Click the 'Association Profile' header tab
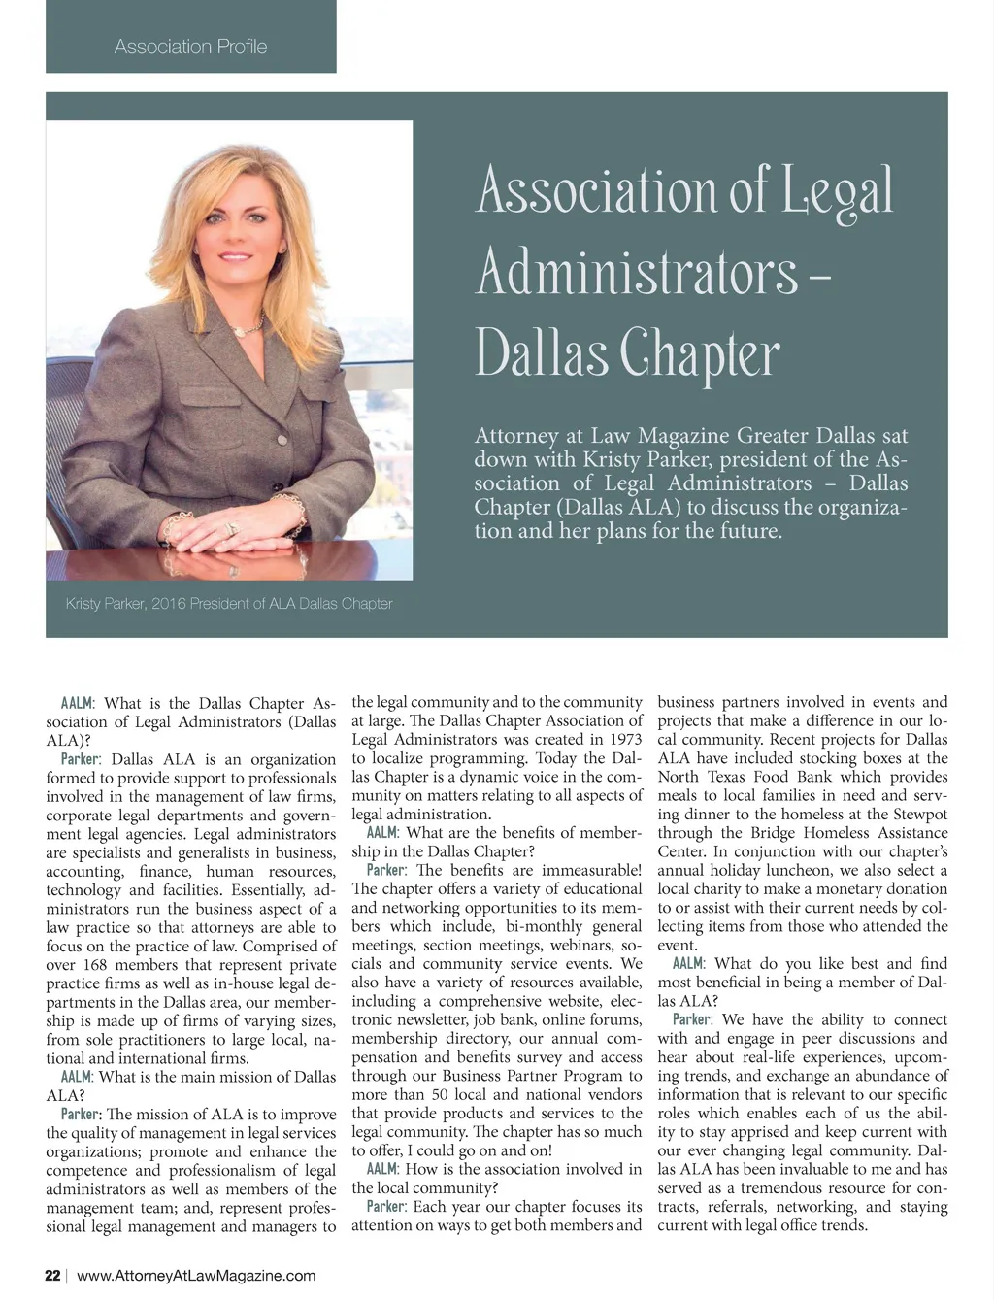point(190,47)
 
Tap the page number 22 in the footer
point(52,1276)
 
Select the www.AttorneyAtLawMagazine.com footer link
point(196,1276)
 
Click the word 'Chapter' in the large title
point(700,355)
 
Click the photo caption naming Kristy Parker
point(229,604)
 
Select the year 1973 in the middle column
point(621,740)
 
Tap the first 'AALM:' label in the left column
point(78,703)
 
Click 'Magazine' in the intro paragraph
point(681,436)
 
